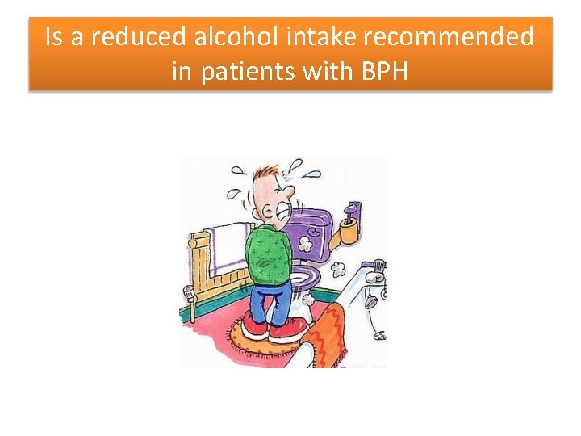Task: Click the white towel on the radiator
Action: point(230,246)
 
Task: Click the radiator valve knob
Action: point(190,292)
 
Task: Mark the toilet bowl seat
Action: point(305,278)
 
